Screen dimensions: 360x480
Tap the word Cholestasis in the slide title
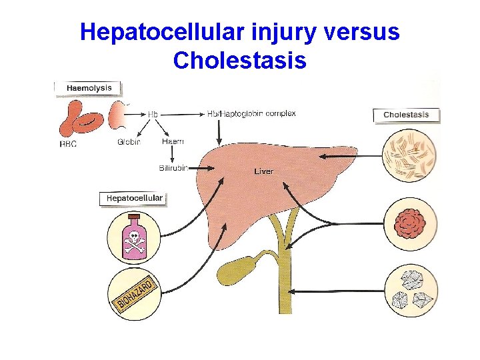[x=239, y=61]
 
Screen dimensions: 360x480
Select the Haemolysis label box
[x=89, y=88]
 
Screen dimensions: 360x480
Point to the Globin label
[x=129, y=142]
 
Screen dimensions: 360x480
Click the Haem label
[x=173, y=142]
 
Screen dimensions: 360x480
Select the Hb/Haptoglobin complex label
[x=251, y=113]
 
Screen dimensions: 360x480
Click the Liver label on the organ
[x=263, y=171]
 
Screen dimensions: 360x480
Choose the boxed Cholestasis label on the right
[x=406, y=115]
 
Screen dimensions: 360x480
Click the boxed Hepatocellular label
[x=134, y=198]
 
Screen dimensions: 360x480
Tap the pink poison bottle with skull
[x=134, y=237]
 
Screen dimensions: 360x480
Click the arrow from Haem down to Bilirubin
[x=173, y=155]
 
